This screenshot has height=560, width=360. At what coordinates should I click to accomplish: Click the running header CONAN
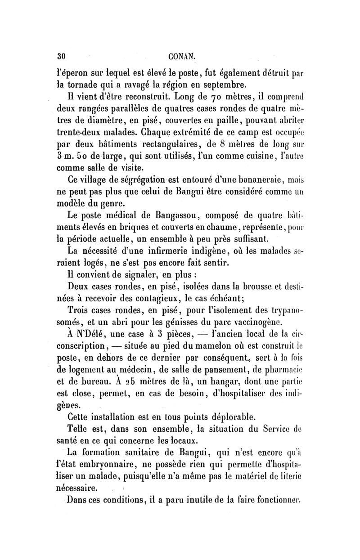181,57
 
